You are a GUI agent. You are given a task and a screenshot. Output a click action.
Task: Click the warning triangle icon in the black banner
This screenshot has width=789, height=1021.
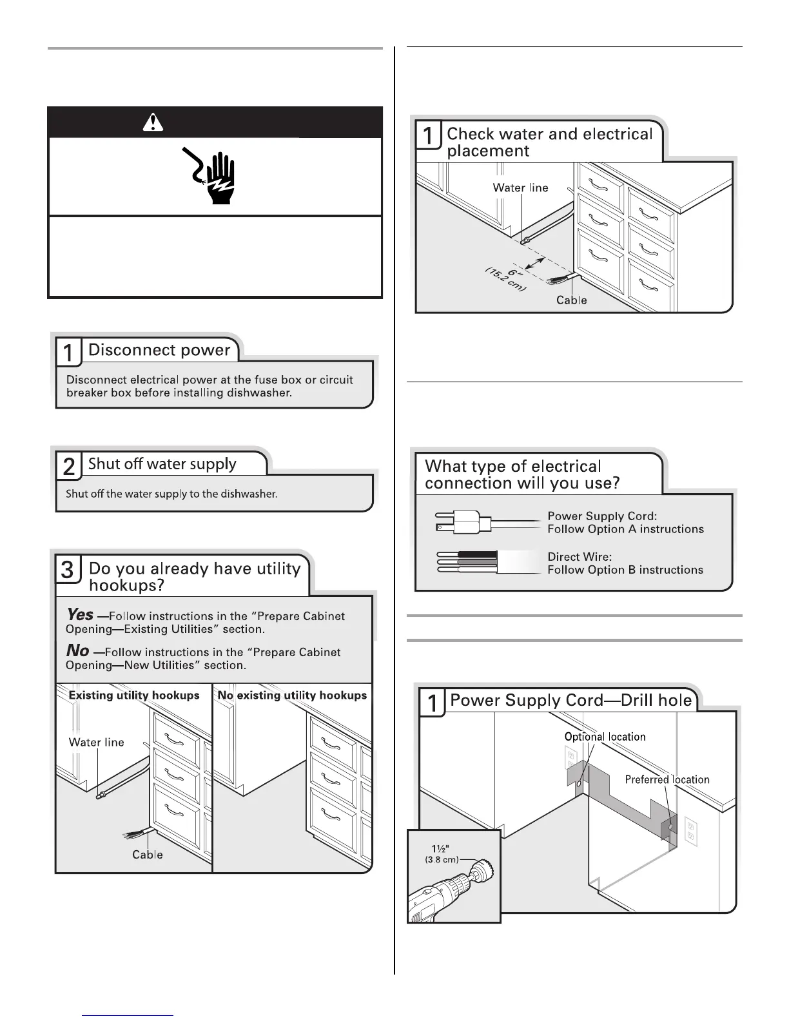pos(152,122)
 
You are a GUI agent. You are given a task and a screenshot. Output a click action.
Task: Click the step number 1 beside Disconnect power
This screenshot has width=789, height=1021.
pos(68,353)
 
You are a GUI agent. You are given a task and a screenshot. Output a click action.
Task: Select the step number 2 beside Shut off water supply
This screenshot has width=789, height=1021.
pos(68,466)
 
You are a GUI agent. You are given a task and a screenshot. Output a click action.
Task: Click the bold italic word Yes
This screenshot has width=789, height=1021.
pos(80,615)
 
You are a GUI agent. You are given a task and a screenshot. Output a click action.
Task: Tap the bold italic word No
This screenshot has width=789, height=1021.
pos(77,651)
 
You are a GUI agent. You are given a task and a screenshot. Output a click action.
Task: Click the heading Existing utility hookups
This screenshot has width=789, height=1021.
pos(134,695)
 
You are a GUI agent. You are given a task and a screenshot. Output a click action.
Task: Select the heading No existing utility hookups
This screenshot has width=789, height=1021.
pos(292,695)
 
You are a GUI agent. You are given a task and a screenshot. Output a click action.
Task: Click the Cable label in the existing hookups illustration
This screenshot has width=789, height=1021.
pos(148,855)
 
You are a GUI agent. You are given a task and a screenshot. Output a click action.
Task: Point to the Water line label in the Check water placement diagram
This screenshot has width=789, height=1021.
pos(520,188)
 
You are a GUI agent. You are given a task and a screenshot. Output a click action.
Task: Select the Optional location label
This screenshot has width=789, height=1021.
pos(605,737)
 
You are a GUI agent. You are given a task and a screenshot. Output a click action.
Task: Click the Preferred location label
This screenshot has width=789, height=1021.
pos(667,780)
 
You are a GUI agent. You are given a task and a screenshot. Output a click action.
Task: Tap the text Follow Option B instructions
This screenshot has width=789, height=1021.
pos(625,570)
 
